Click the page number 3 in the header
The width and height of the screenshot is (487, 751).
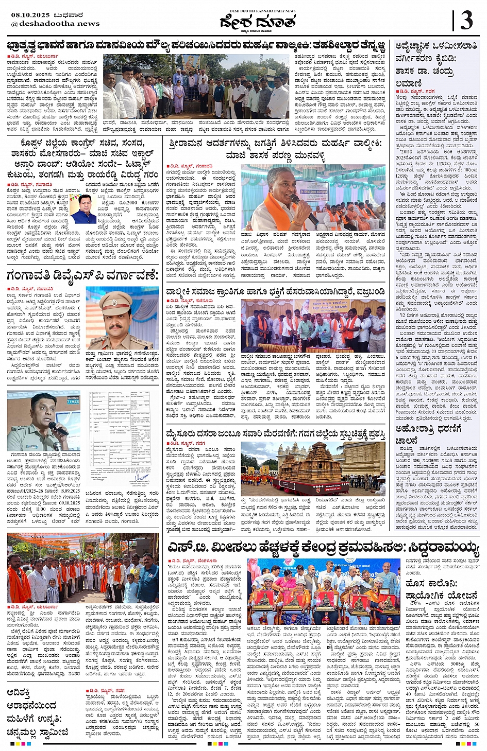(x=466, y=21)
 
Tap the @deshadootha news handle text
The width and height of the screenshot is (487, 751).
(x=55, y=24)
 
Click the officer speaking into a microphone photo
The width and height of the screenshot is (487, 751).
(x=44, y=421)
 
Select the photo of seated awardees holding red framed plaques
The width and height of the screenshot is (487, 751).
(x=324, y=591)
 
